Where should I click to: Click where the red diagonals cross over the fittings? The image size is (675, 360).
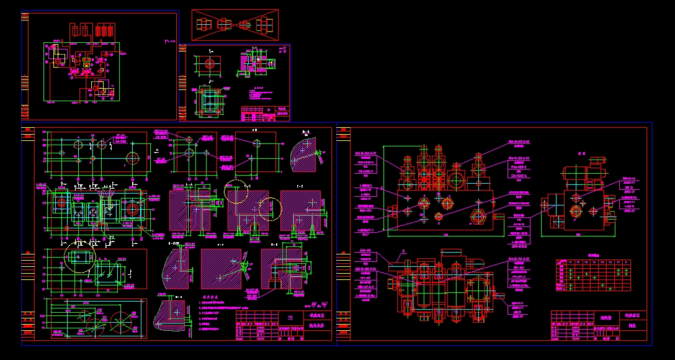click(235, 25)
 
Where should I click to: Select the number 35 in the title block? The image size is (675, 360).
click(290, 318)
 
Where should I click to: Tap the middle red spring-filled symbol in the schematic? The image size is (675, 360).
click(87, 29)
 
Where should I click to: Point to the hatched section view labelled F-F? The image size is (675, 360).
click(221, 268)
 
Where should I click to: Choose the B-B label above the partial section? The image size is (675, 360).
click(306, 132)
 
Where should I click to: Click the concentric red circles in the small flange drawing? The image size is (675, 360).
click(209, 63)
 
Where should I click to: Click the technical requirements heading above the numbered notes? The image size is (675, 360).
click(213, 298)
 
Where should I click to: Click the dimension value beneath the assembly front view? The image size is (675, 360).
click(447, 235)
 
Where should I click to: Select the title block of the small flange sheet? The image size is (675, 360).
click(265, 114)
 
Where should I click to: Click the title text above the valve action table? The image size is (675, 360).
click(593, 255)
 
